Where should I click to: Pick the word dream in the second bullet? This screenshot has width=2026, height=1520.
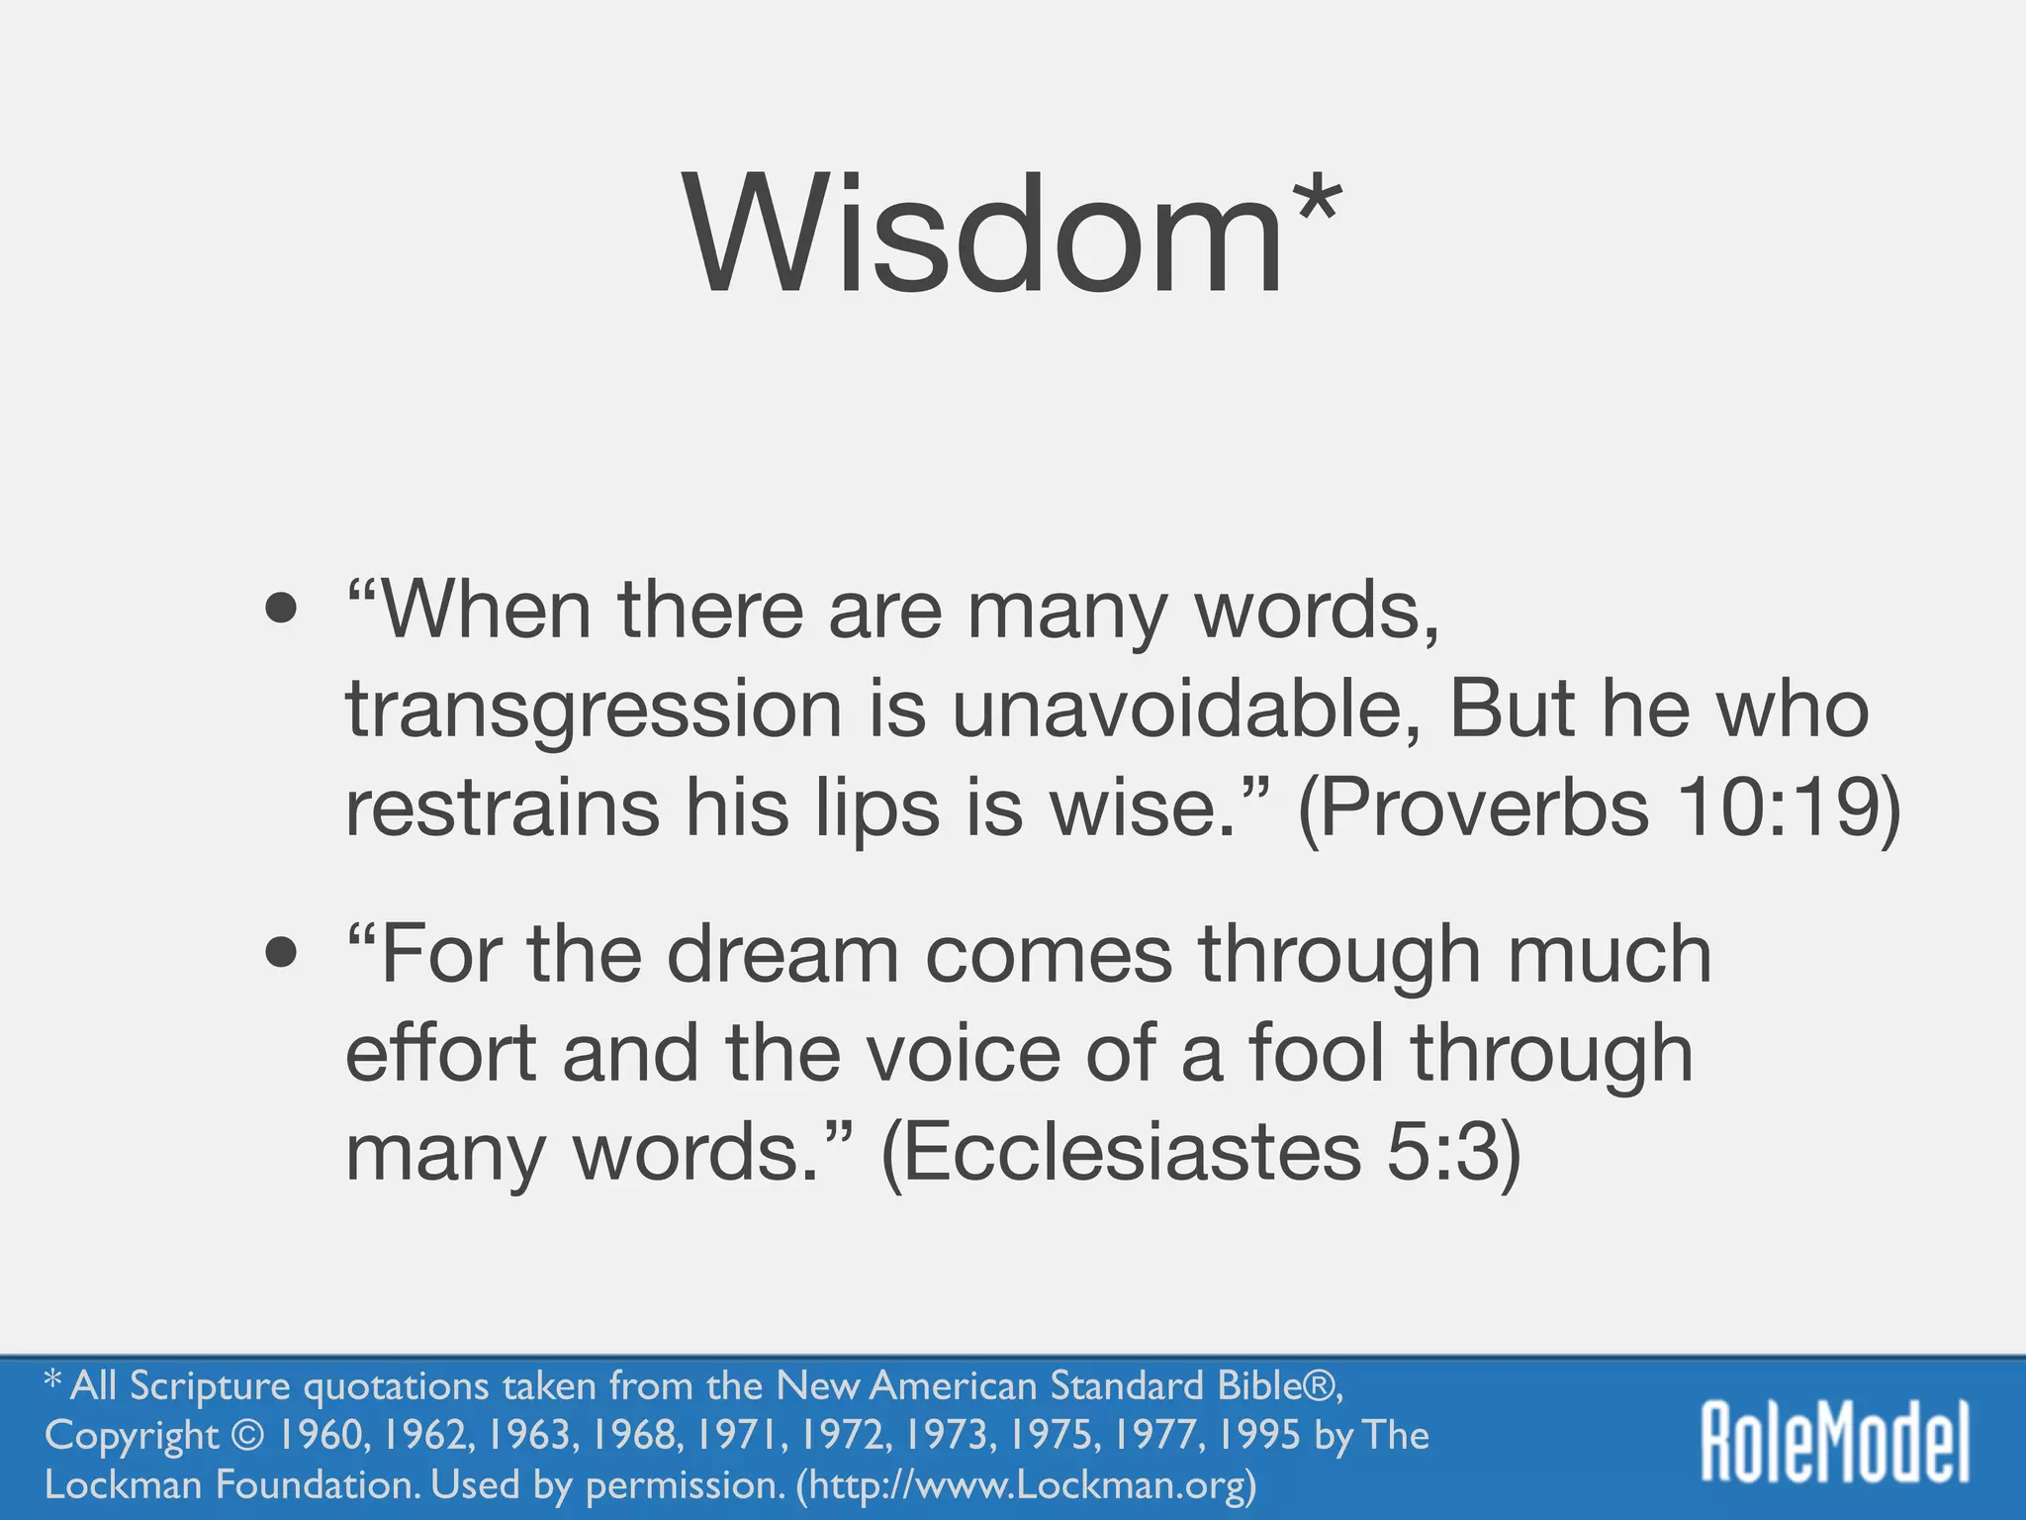[783, 954]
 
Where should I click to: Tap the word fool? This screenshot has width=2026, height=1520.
[1316, 1053]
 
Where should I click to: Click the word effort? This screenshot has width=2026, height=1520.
[440, 1053]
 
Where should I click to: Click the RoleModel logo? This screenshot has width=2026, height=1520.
[1835, 1442]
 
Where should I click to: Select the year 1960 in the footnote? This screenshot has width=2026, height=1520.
[324, 1435]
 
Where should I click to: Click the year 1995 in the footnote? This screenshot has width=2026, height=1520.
[1258, 1435]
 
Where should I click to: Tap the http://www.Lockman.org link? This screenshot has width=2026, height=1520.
[1027, 1484]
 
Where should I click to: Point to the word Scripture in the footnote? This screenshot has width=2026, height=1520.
[210, 1385]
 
